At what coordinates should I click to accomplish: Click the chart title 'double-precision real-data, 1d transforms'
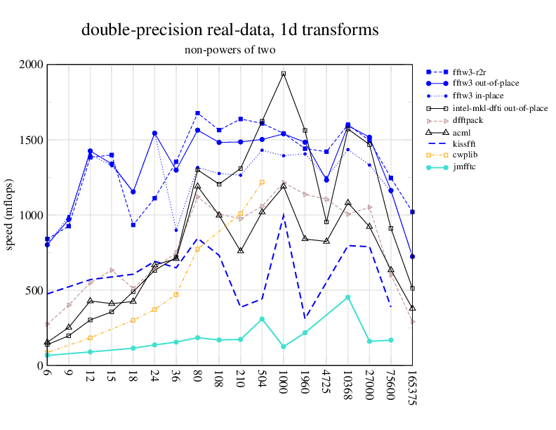(230, 30)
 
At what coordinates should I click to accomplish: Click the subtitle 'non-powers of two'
(230, 50)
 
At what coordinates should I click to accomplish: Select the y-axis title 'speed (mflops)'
(10, 215)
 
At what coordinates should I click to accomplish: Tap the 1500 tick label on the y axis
(31, 140)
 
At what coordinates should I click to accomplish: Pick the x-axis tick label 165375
(413, 389)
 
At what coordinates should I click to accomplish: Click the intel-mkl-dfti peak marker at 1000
(284, 74)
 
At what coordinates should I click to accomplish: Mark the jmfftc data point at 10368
(348, 297)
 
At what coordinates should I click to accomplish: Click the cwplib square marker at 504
(262, 182)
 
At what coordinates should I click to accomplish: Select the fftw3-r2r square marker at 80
(198, 113)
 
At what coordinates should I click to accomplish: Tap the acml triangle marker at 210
(241, 250)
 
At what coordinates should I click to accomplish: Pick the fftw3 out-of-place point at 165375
(413, 256)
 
